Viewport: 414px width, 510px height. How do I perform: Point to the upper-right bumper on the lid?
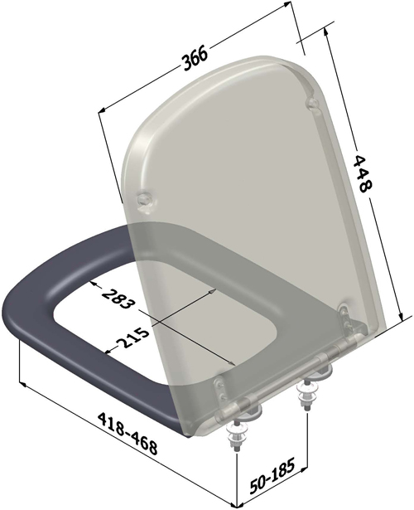coord(311,104)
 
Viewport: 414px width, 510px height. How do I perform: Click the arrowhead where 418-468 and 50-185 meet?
coord(235,500)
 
